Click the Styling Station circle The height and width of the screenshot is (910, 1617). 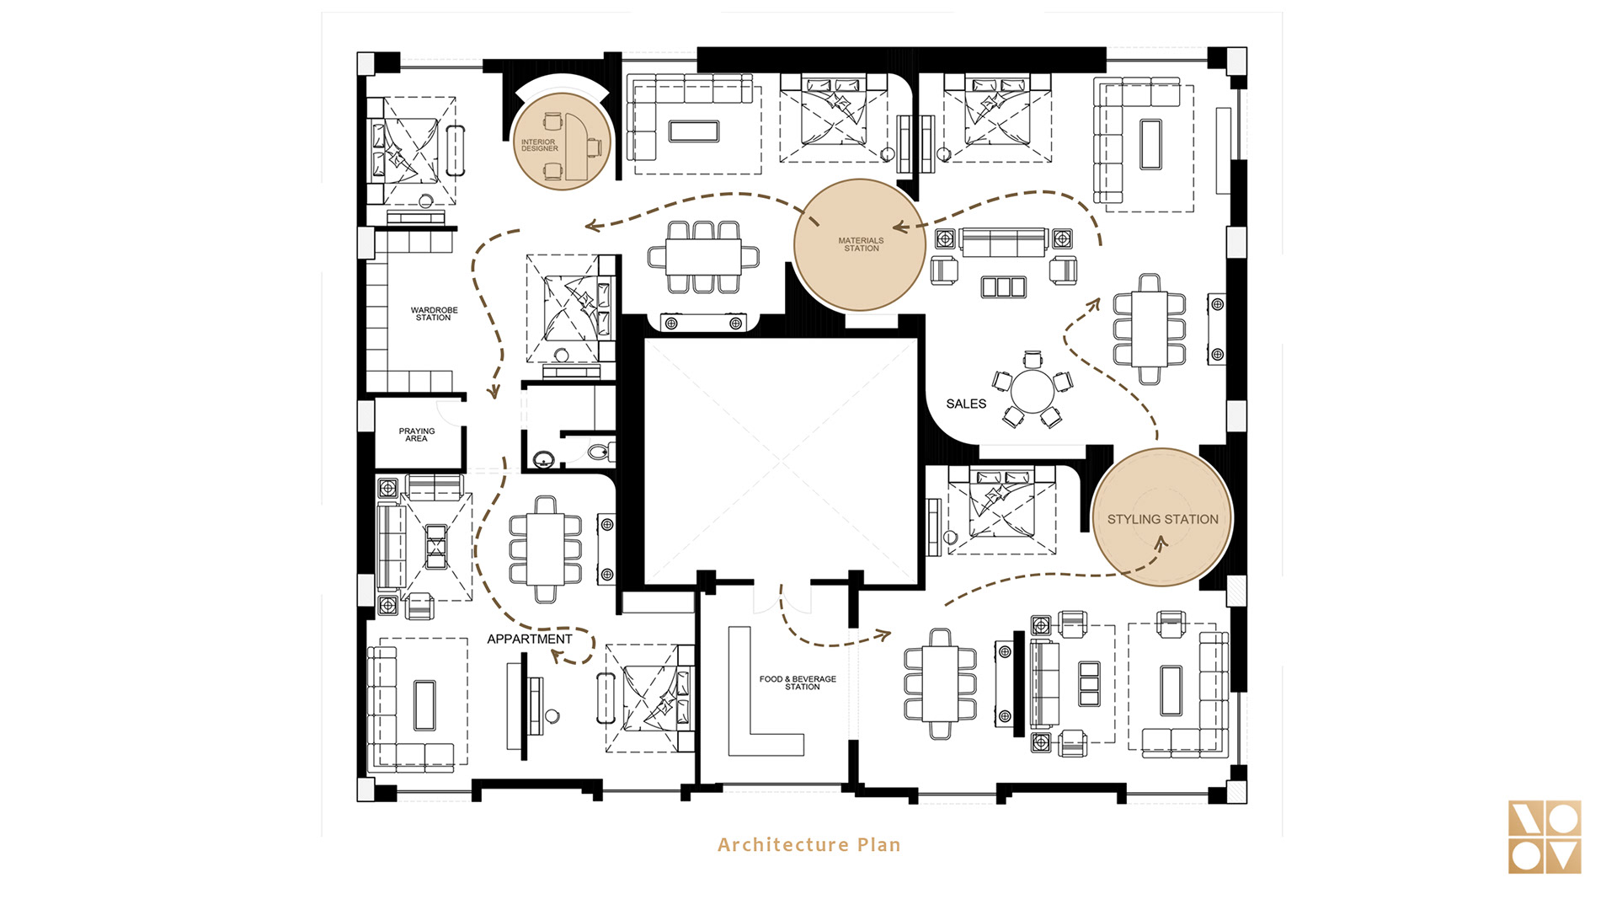1162,517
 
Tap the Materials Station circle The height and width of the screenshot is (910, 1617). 860,244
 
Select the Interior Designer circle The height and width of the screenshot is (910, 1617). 561,141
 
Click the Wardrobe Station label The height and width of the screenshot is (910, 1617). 434,314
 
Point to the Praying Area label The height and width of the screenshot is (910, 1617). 417,435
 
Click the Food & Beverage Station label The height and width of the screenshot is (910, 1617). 798,682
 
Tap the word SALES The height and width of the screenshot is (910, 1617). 966,404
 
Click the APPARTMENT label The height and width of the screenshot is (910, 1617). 530,640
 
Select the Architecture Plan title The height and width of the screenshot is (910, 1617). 809,844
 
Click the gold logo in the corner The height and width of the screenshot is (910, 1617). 1545,837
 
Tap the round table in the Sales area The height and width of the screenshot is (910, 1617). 1032,391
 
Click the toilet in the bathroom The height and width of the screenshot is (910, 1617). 600,452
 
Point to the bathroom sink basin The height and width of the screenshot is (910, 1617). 543,460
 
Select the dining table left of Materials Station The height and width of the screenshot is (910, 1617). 702,257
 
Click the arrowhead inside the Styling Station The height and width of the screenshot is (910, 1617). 1161,543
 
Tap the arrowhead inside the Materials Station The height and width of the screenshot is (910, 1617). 901,227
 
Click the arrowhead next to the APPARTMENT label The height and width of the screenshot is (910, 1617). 558,656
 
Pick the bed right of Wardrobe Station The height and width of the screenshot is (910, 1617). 570,308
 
